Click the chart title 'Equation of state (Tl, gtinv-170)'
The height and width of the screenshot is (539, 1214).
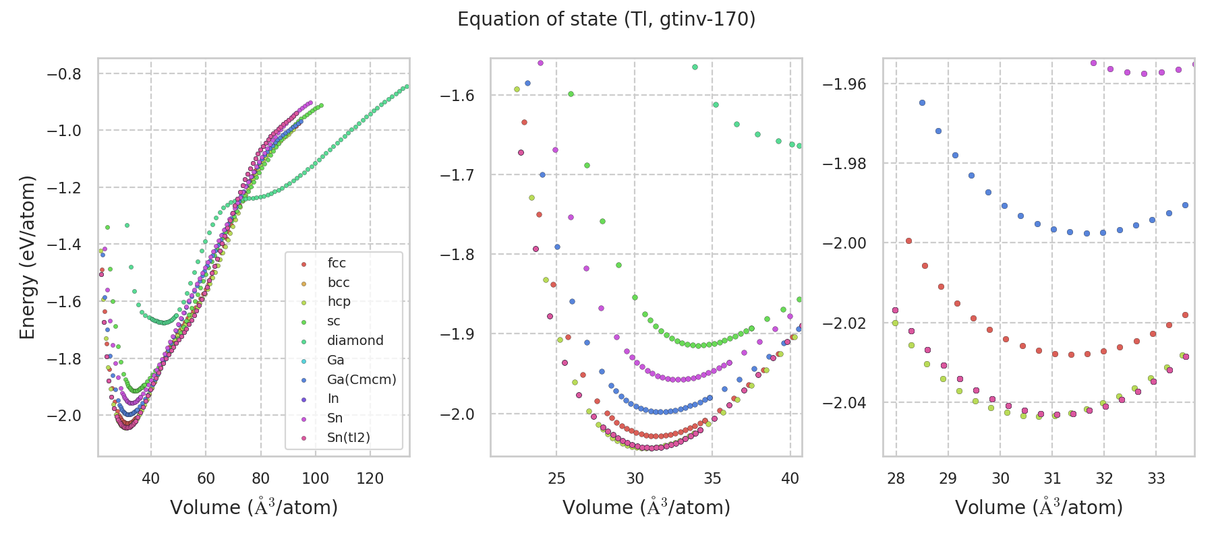(x=606, y=20)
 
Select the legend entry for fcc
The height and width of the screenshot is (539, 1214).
(x=337, y=263)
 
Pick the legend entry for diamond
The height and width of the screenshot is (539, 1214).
(x=355, y=341)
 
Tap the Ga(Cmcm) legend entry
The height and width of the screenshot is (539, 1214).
(x=362, y=380)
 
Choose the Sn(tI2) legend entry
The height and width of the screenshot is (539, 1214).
(x=348, y=438)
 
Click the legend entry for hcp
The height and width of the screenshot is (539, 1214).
(x=339, y=302)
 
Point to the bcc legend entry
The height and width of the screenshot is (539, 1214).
(x=339, y=283)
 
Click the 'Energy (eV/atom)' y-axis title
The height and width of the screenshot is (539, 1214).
(x=27, y=257)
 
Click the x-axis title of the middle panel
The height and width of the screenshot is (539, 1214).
(x=646, y=507)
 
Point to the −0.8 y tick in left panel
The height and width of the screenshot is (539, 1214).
(x=64, y=74)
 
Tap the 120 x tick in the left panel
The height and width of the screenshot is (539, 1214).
(x=370, y=479)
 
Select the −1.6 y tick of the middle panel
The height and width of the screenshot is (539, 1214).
(x=457, y=96)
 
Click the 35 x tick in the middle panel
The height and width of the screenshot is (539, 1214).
(x=712, y=479)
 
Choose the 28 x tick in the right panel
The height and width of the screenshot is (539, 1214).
(x=896, y=479)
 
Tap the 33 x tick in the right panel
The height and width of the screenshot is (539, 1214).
(x=1156, y=479)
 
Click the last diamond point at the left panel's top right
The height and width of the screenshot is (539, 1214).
(x=407, y=86)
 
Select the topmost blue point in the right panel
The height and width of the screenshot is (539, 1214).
(x=922, y=103)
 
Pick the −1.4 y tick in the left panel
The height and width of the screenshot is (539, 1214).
(x=64, y=245)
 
